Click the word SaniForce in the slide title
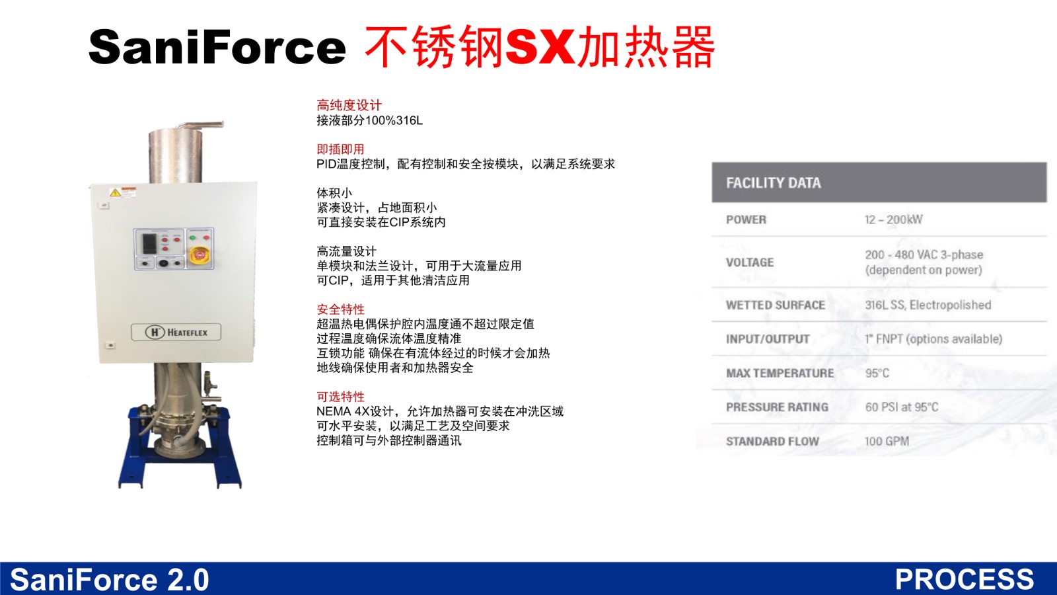[x=217, y=47]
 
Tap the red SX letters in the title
[x=540, y=47]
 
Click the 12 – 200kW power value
[x=894, y=219]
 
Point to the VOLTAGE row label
[x=750, y=262]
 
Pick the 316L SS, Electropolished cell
[x=928, y=305]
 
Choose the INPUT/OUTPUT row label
[x=768, y=339]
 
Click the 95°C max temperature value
[x=877, y=373]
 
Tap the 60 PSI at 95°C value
[x=902, y=407]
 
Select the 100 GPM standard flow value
[x=887, y=441]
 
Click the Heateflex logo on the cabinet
[x=176, y=332]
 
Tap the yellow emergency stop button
[x=199, y=256]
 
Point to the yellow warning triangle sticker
[x=115, y=192]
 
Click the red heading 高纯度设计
[x=349, y=105]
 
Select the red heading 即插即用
[x=340, y=149]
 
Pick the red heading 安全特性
[x=340, y=309]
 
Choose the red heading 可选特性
[x=340, y=396]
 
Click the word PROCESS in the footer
[x=964, y=579]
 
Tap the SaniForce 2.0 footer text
[x=110, y=579]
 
